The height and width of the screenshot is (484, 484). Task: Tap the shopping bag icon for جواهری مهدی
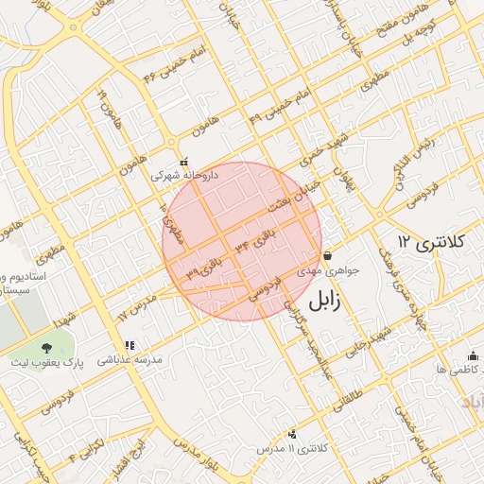327,255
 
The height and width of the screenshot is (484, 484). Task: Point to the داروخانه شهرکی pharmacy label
184,176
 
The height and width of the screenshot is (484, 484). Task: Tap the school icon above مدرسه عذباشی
130,345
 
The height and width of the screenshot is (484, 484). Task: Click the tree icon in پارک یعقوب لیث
46,349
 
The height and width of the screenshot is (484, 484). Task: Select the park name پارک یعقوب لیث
41,363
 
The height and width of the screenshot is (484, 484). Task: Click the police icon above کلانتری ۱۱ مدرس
292,433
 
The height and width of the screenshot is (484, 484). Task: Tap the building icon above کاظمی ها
473,355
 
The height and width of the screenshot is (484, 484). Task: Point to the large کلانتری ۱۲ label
432,242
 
